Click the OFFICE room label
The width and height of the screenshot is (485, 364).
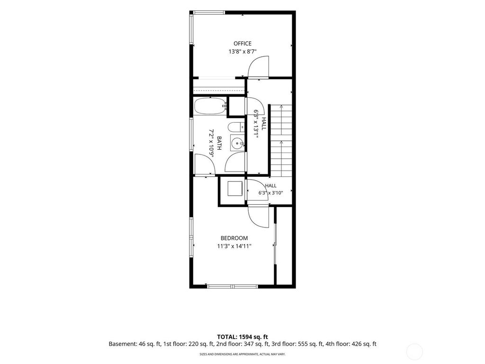tap(242, 44)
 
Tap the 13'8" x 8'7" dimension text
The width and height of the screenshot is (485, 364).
tap(242, 52)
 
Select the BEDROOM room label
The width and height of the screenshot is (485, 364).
tap(234, 238)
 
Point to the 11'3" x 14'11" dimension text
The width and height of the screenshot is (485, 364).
tap(234, 246)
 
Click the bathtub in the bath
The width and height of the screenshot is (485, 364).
tap(210, 106)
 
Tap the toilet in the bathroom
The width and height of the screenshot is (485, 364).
tap(236, 127)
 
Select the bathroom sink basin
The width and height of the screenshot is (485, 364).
tap(237, 143)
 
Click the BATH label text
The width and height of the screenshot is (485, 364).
tap(219, 143)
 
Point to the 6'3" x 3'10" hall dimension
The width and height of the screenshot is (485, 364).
tap(271, 193)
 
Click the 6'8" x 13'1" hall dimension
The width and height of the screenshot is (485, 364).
tap(256, 124)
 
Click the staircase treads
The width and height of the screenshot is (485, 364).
tap(281, 141)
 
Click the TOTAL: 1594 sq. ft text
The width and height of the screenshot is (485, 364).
tap(242, 337)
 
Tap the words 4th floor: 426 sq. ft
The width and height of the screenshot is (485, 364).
tap(351, 344)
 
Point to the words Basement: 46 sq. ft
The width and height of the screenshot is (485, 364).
tap(133, 344)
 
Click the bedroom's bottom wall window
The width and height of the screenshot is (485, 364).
tap(233, 286)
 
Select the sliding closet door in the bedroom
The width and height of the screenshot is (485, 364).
tap(275, 244)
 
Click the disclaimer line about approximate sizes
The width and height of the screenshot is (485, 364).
tap(242, 354)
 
